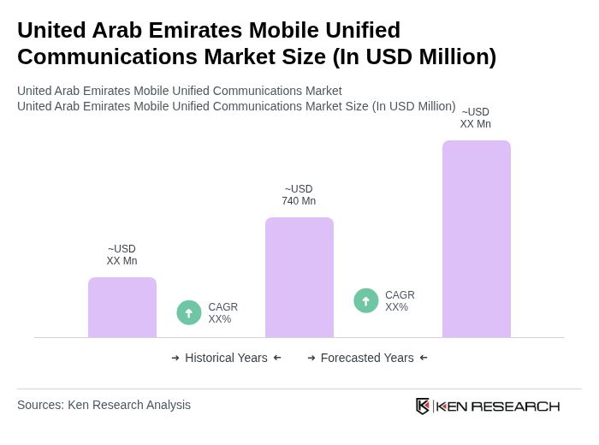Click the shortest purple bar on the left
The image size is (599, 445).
pyautogui.click(x=122, y=307)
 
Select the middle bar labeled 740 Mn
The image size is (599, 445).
pyautogui.click(x=299, y=277)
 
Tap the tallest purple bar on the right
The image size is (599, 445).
pyautogui.click(x=477, y=239)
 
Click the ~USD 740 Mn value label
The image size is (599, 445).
pyautogui.click(x=299, y=195)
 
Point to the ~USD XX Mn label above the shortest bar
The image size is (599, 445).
pyautogui.click(x=122, y=255)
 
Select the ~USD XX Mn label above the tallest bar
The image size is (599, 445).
pyautogui.click(x=476, y=118)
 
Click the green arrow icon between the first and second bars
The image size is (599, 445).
pyautogui.click(x=189, y=312)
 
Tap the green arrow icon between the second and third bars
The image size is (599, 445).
pyautogui.click(x=366, y=300)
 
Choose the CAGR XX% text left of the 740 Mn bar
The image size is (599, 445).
pyautogui.click(x=223, y=313)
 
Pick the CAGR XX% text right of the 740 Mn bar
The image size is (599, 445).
pyautogui.click(x=400, y=301)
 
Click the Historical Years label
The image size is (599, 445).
pyautogui.click(x=226, y=358)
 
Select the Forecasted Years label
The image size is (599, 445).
pyautogui.click(x=367, y=358)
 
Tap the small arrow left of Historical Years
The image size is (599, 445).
pyautogui.click(x=175, y=358)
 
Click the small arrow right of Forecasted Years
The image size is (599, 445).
pyautogui.click(x=424, y=358)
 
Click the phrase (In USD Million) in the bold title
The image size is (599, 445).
pyautogui.click(x=414, y=56)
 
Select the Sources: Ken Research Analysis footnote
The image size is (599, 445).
pyautogui.click(x=104, y=405)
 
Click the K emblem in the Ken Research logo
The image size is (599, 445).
pyautogui.click(x=423, y=406)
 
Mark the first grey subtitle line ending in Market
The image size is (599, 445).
pyautogui.click(x=179, y=91)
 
